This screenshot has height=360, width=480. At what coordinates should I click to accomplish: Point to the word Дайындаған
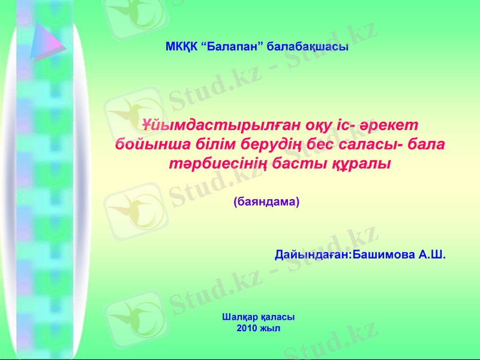(312, 254)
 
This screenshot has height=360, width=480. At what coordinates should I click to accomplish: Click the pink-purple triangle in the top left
(46, 41)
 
